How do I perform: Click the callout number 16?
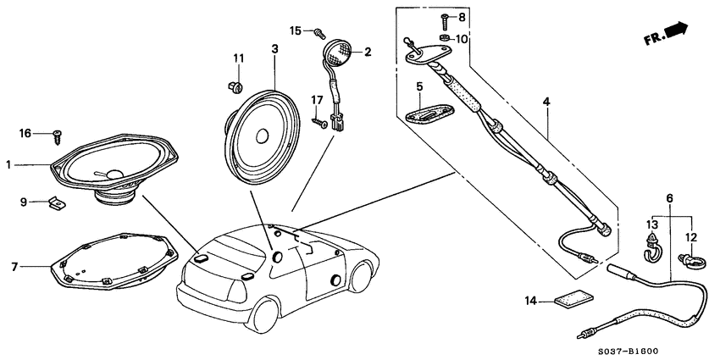click(25, 133)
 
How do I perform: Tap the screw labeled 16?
click(57, 134)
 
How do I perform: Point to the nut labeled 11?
click(236, 85)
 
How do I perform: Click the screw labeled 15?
click(319, 34)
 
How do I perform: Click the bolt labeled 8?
click(444, 17)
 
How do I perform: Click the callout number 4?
click(546, 101)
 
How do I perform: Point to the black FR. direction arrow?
click(676, 30)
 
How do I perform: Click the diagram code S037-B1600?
click(670, 350)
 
